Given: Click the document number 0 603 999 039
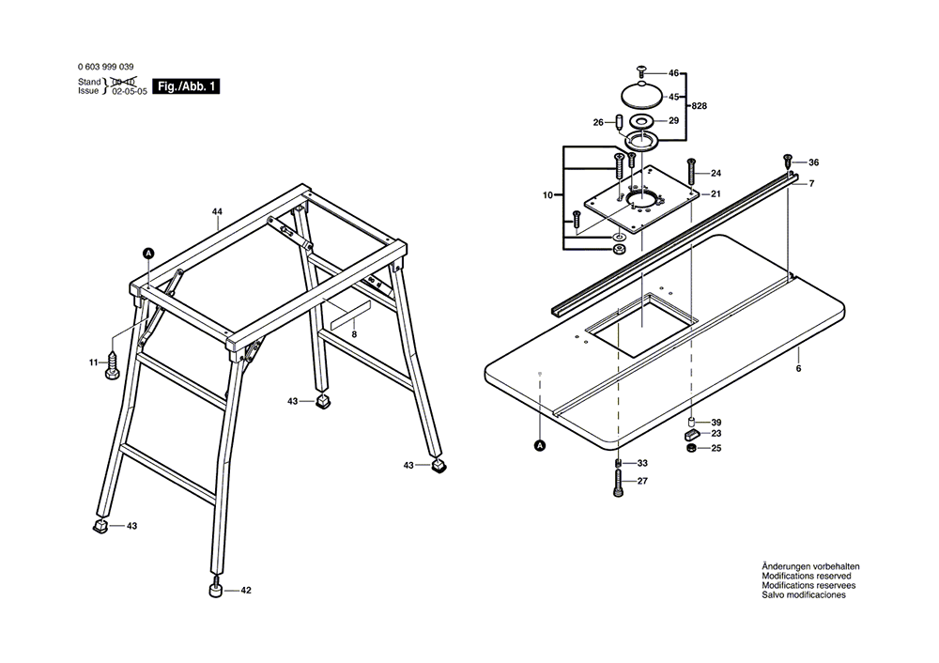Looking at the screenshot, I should pos(105,68).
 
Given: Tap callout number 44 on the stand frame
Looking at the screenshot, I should pos(217,213).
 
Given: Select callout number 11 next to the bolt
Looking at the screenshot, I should pos(93,362).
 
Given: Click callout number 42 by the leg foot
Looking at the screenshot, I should pos(246,591).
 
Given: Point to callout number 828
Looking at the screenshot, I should pos(700,108).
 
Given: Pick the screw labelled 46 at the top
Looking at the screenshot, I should pos(642,71).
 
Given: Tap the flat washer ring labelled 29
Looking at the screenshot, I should pos(642,122).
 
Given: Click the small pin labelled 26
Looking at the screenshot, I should pos(620,122).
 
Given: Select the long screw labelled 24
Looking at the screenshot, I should pos(691,173).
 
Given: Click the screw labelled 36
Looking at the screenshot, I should pos(787,162).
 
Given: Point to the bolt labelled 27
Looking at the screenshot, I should pos(618,485).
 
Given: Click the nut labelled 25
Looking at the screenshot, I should pos(691,447).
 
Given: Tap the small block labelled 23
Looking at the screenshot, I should pos(690,435).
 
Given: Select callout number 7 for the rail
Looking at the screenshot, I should pos(810,183).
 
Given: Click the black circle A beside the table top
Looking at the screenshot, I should pos(540,445).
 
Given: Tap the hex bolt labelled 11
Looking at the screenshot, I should pos(112,365).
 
